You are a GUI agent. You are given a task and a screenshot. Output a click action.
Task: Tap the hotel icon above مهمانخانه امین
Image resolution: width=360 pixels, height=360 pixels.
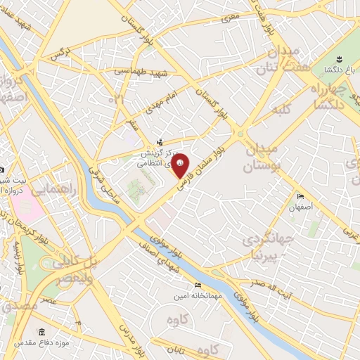[x=197, y=285]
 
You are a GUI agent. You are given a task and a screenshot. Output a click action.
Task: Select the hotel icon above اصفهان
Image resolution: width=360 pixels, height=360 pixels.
[x=301, y=196]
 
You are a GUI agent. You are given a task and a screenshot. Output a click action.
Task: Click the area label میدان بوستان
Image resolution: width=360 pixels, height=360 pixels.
[x=262, y=157]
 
